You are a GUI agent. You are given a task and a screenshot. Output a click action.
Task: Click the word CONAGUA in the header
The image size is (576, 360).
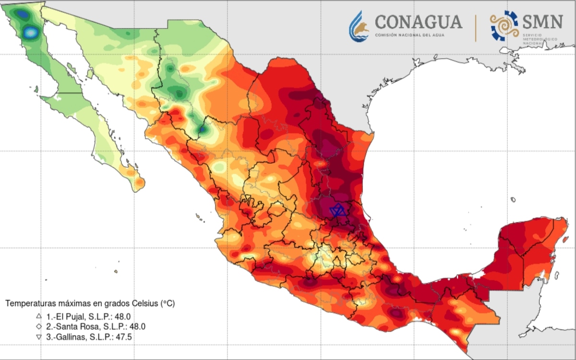[x=418, y=22]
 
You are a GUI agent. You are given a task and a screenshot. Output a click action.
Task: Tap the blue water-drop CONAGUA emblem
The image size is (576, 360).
[x=359, y=26]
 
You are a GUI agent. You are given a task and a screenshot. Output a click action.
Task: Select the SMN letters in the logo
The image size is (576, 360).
[x=542, y=22]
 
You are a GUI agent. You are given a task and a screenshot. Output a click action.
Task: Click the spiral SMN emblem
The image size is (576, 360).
[x=504, y=26]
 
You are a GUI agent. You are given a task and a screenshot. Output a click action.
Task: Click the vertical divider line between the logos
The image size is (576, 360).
[x=476, y=28]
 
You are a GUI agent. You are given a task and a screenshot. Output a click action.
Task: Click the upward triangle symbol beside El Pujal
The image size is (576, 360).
[x=38, y=316]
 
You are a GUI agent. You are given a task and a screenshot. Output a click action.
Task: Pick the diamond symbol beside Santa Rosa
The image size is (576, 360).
[x=38, y=326]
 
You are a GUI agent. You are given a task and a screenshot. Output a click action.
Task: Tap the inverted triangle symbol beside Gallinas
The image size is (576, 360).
[x=38, y=337]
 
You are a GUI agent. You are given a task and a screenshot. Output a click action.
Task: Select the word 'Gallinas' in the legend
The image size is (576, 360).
[x=72, y=337]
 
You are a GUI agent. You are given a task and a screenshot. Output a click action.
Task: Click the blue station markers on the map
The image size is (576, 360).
[x=338, y=210]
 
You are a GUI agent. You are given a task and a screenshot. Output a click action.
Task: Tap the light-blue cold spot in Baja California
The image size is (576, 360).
[x=30, y=33]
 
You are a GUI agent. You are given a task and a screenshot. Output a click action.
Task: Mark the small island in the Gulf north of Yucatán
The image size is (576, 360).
[x=513, y=199]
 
